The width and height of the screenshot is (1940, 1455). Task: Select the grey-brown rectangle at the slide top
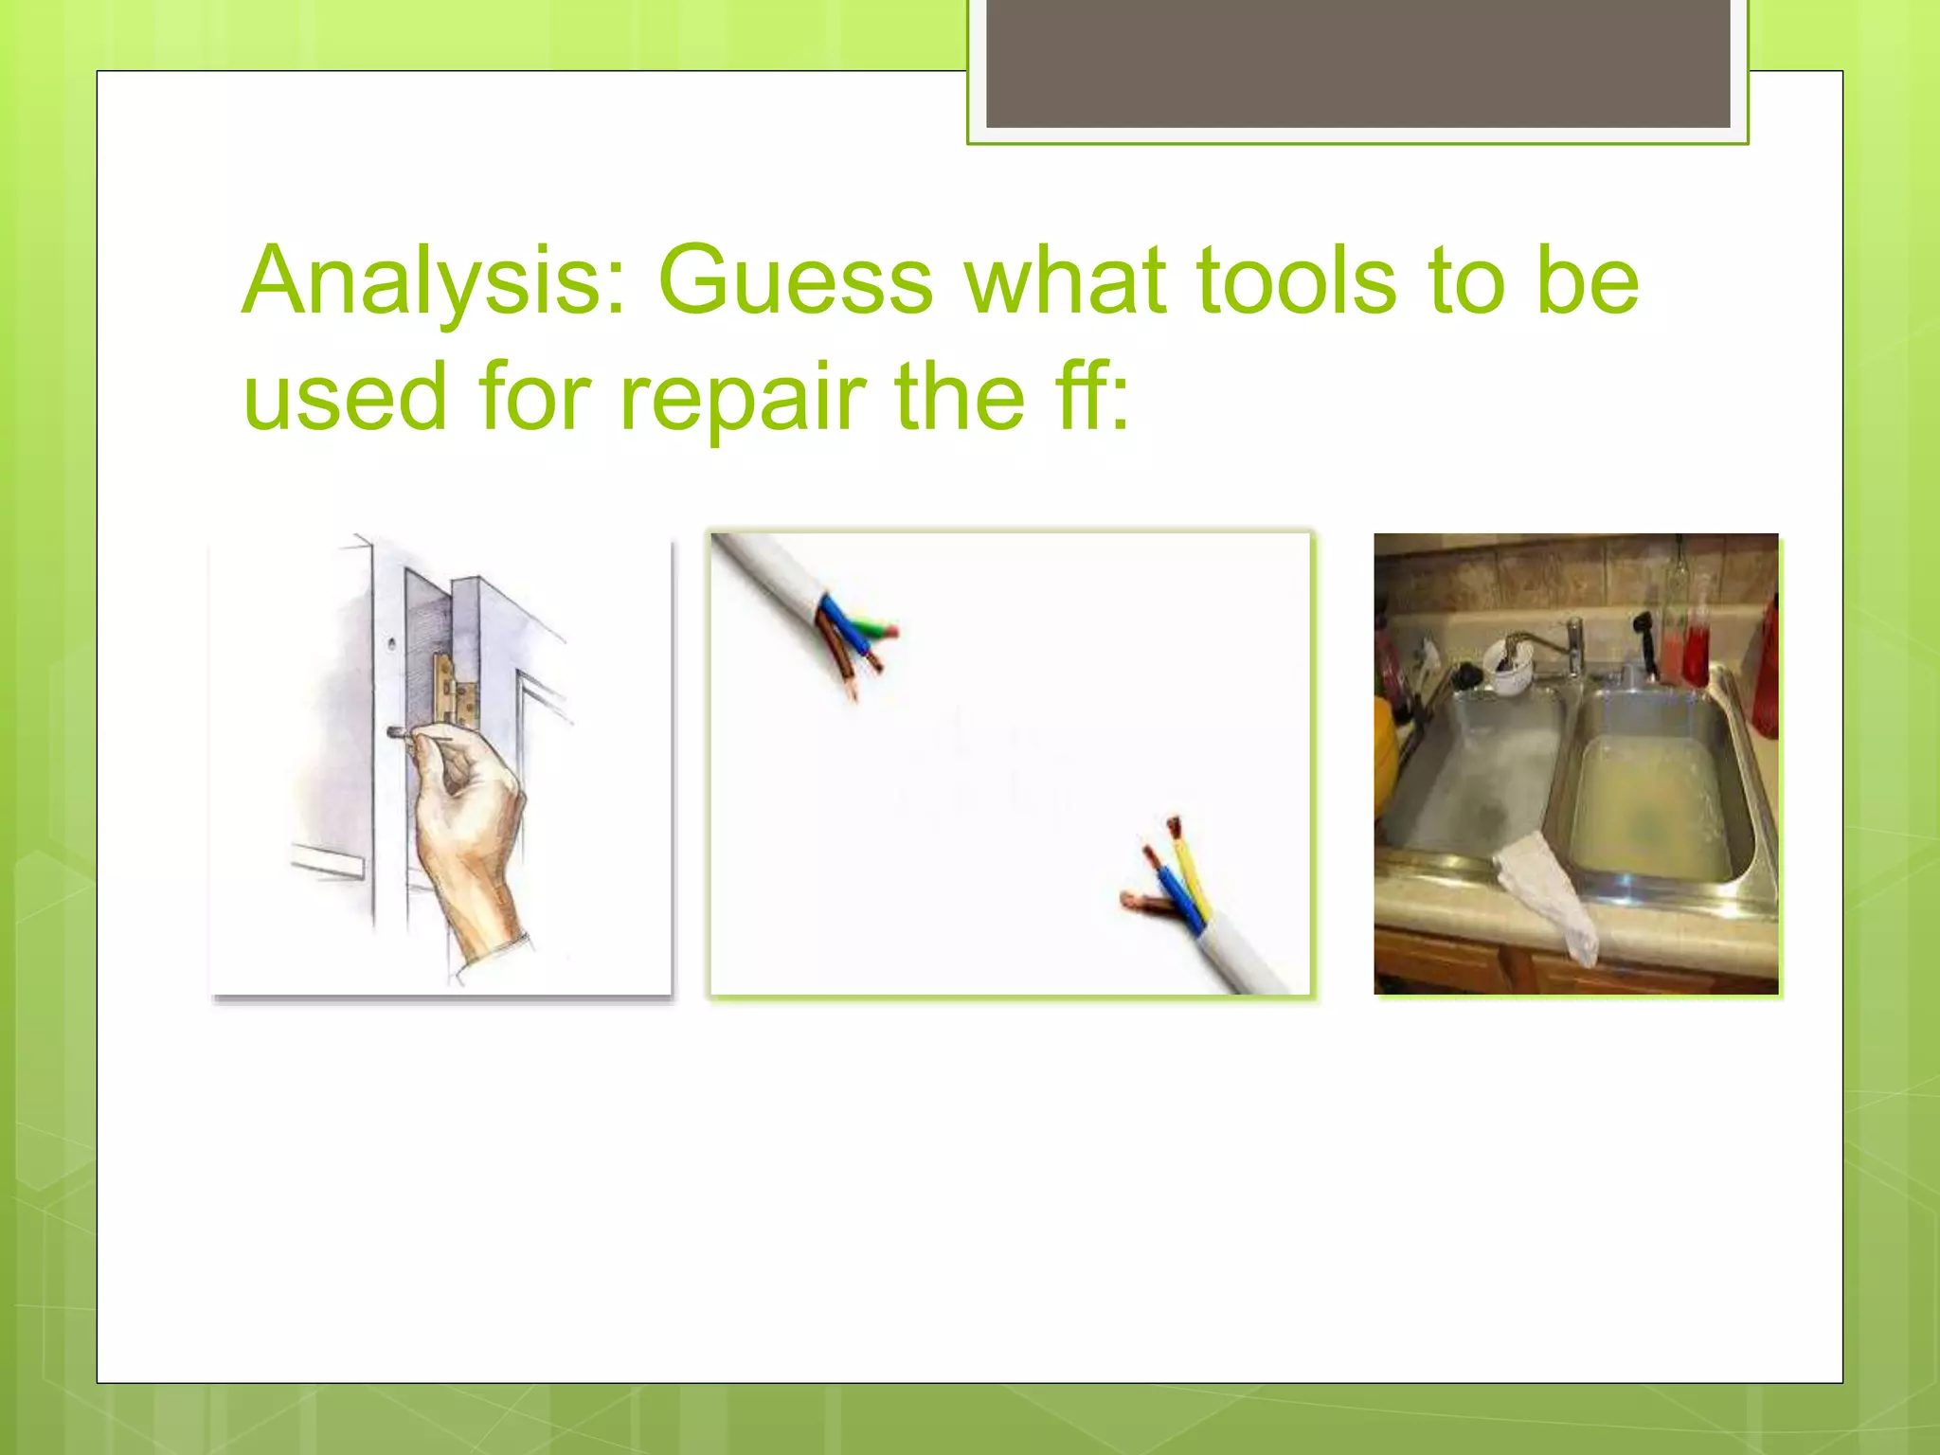pyautogui.click(x=1357, y=62)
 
